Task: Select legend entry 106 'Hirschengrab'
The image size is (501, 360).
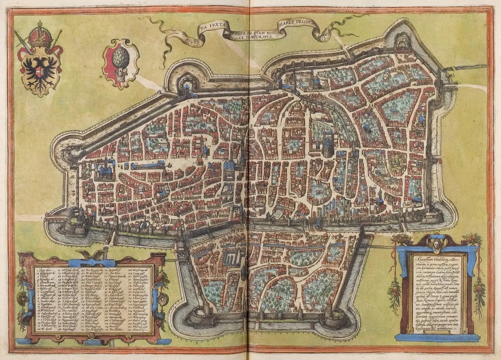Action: click(x=138, y=269)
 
